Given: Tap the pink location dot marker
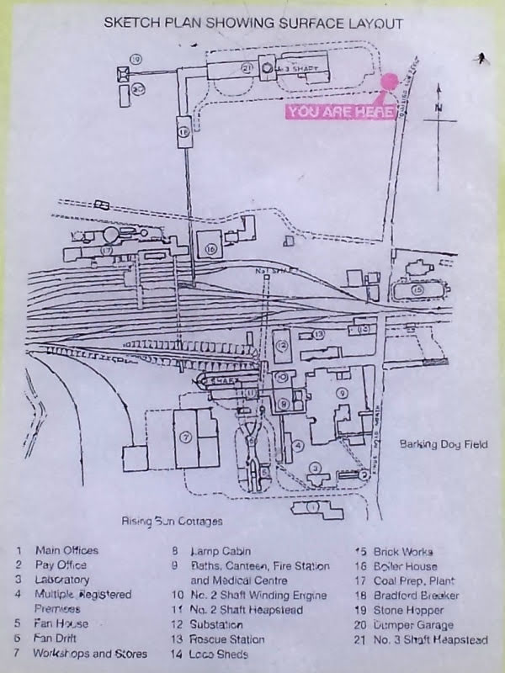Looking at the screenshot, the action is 389,82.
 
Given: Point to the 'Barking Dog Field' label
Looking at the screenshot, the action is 444,443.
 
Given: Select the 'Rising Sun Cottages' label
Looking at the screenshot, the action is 172,521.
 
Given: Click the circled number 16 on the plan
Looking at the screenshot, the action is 210,249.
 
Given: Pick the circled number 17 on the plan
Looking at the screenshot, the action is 106,250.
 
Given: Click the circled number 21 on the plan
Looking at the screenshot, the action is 247,67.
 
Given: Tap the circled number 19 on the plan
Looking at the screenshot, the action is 134,58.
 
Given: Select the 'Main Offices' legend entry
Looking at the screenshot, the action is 66,550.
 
